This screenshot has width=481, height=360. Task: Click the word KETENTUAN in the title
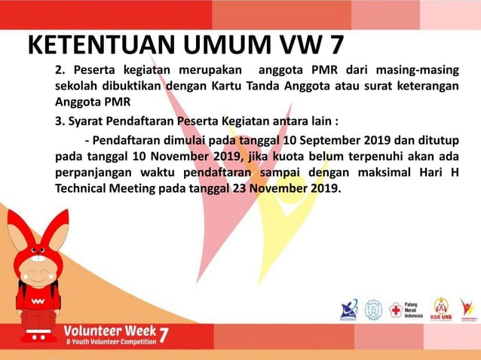(x=103, y=44)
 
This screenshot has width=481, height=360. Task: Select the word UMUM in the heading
(x=229, y=44)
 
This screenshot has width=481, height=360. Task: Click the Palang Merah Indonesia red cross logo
(x=395, y=310)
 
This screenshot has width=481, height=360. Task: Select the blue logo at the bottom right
(x=349, y=310)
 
